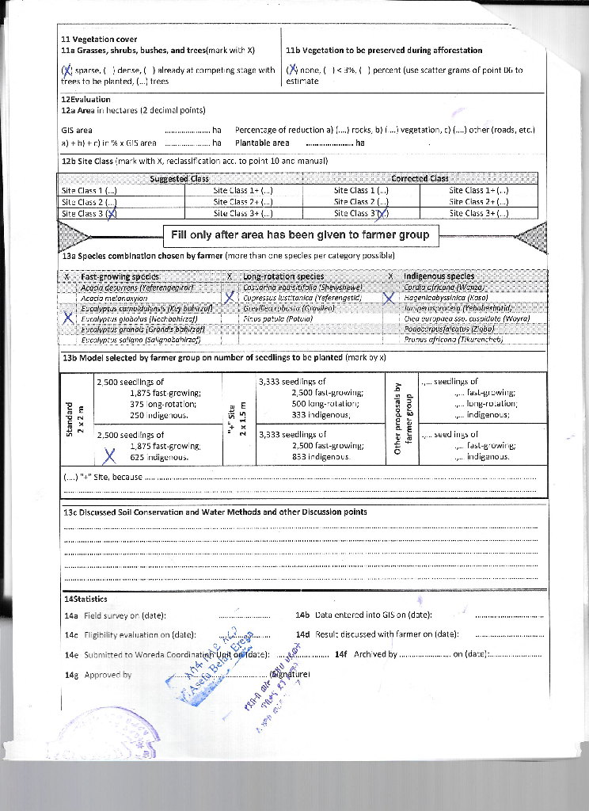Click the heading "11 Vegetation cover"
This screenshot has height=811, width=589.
(99, 39)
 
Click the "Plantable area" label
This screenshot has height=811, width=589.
(262, 143)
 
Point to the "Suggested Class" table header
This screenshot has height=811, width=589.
(180, 179)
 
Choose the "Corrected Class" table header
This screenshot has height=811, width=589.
(420, 179)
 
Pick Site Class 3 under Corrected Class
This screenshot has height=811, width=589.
(361, 214)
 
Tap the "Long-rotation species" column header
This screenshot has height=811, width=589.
(277, 276)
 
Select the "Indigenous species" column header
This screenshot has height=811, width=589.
(439, 276)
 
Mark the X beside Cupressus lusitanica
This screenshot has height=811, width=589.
(230, 298)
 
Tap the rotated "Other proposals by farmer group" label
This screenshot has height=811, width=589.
(402, 419)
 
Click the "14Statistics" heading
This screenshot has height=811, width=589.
(85, 599)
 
